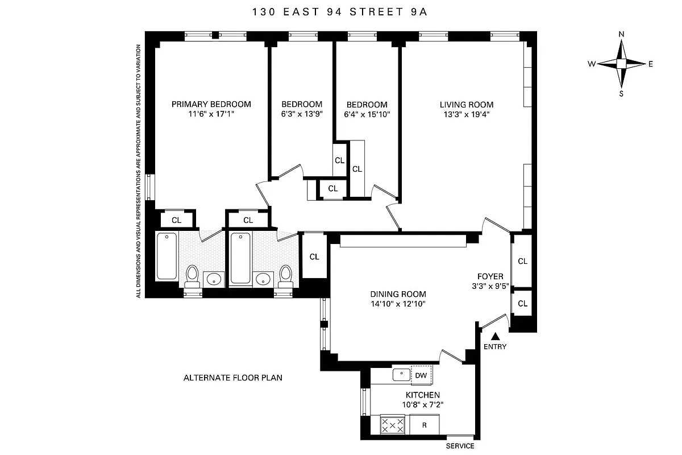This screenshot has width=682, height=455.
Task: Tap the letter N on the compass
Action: (621, 35)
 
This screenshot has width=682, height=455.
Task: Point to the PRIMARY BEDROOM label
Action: (211, 104)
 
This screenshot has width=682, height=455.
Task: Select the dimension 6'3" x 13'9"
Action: (302, 114)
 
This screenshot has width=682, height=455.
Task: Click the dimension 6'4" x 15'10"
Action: (367, 114)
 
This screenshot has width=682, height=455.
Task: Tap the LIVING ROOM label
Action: (466, 105)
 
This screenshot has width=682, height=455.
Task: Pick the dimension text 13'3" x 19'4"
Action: (466, 114)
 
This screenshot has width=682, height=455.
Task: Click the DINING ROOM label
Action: (398, 294)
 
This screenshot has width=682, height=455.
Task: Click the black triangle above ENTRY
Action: (494, 337)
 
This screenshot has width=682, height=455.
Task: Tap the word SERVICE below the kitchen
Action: (460, 446)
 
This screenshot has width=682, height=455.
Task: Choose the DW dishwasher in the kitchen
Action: (421, 375)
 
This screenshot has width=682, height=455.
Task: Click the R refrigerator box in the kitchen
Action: (423, 425)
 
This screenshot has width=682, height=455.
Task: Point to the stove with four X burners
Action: (392, 425)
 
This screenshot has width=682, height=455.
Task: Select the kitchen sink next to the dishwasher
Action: (401, 375)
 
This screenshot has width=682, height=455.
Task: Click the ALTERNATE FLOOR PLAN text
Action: (232, 378)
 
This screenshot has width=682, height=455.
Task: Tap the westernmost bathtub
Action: (167, 256)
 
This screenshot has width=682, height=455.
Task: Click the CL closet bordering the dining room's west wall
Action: (314, 257)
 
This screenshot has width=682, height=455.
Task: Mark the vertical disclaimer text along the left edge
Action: (138, 171)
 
